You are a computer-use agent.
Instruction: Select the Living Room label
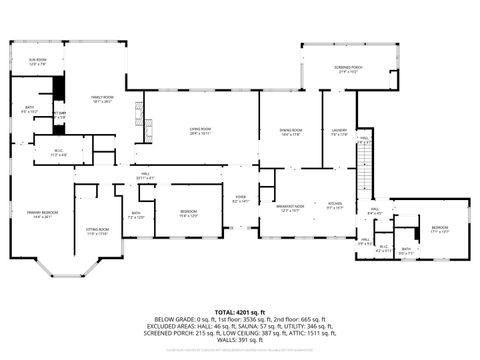click(x=201, y=130)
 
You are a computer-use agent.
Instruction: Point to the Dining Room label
click(x=290, y=134)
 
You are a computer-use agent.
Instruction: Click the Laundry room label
click(x=339, y=132)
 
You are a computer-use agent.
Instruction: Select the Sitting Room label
click(x=96, y=232)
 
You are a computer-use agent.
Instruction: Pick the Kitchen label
click(x=335, y=206)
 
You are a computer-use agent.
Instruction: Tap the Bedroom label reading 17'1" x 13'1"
click(x=440, y=229)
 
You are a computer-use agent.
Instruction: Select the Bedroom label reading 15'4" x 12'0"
click(x=189, y=213)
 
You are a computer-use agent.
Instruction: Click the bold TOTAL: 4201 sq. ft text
click(x=240, y=311)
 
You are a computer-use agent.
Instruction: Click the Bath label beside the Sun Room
click(x=31, y=110)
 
